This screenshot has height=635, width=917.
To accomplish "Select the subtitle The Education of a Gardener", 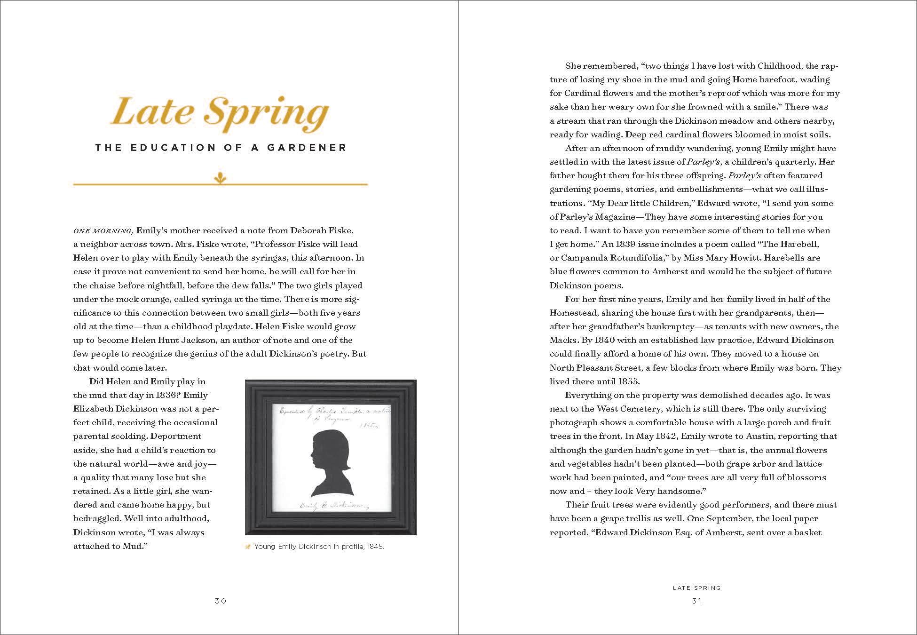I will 221,148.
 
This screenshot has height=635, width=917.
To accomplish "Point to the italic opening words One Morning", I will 103,231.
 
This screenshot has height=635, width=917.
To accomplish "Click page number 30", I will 221,601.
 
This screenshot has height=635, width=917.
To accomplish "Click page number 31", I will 696,601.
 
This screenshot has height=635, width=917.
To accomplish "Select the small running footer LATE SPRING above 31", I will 696,587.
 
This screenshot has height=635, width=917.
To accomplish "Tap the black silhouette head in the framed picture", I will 327,456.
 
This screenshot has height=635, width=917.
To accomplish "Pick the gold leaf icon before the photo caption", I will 248,547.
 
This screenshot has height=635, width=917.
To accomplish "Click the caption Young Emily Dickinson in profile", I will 319,547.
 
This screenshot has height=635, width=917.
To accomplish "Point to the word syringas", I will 263,258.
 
